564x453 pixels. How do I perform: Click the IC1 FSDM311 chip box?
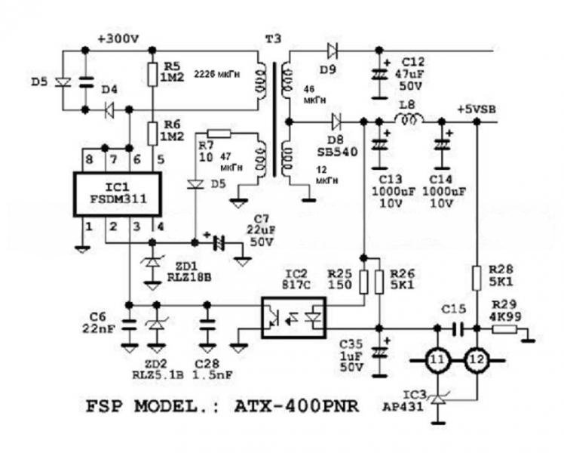click(x=117, y=194)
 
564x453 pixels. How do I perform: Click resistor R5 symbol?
click(x=152, y=73)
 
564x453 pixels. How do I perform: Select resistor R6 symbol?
click(x=152, y=134)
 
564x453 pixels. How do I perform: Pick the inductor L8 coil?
click(x=410, y=120)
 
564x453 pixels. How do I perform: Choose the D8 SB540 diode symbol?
click(x=336, y=121)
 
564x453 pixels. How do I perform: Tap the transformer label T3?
click(x=270, y=38)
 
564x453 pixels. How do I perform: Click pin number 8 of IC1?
click(x=90, y=159)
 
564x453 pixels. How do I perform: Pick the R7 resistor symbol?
click(x=223, y=133)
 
